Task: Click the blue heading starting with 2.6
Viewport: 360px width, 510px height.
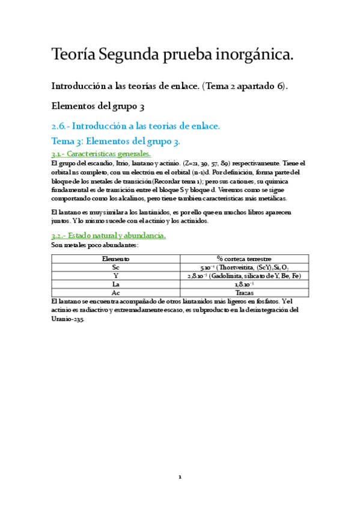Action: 136,126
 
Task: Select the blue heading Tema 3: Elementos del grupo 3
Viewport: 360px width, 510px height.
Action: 116,141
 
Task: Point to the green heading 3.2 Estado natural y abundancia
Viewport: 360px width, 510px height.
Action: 108,236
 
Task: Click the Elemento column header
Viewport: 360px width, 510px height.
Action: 115,259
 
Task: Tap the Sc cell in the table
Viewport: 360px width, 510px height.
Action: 115,267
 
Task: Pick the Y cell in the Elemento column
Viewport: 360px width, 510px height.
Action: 115,275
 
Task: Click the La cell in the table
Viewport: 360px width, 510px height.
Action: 115,284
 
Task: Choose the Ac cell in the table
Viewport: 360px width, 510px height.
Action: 115,292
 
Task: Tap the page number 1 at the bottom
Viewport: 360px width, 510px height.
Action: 180,477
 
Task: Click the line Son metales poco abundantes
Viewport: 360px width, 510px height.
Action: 95,245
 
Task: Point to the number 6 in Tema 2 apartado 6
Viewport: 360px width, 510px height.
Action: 280,86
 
